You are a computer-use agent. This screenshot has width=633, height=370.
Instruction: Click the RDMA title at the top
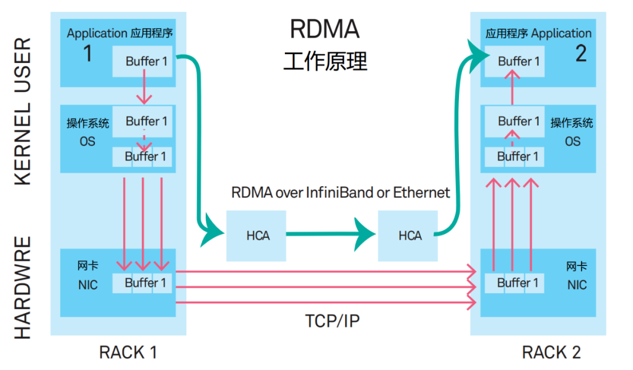point(325,29)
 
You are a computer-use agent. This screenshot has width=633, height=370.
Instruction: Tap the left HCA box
point(256,236)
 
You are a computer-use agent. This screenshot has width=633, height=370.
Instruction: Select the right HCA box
point(408,236)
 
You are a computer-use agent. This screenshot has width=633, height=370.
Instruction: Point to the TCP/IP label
point(332,321)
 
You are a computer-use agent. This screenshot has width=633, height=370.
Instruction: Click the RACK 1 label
point(128,352)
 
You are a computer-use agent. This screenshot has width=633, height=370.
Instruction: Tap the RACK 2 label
point(551,352)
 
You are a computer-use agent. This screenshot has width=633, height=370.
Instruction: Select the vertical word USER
point(23,65)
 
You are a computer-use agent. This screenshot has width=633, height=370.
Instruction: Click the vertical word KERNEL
point(23,144)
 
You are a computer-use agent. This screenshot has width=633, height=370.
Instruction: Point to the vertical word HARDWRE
point(23,288)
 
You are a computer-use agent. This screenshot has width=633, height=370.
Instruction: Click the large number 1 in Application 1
point(87,53)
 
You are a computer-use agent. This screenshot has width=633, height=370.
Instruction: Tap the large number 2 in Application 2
point(581,53)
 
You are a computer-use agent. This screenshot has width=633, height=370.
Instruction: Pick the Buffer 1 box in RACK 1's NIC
point(142,283)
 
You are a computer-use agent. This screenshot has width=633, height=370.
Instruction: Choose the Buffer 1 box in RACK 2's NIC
point(515,283)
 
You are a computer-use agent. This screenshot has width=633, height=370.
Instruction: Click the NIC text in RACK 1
point(88,285)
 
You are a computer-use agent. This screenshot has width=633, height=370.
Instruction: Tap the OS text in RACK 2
point(573,142)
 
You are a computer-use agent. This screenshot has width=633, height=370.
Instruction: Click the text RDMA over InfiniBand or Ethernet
point(341,193)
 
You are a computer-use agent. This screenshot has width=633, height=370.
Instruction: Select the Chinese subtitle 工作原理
point(325,62)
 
